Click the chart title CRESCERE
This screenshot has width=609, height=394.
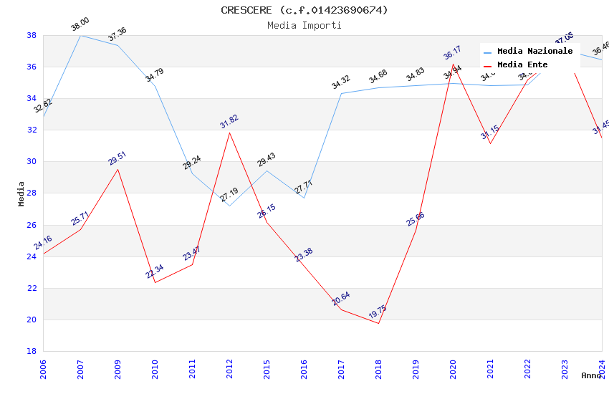(304, 10)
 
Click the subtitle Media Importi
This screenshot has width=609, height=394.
(304, 26)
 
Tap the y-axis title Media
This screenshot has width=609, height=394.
(21, 193)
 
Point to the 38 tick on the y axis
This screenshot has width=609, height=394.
(32, 35)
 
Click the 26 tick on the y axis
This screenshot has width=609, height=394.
(32, 225)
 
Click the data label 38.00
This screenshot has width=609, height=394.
(80, 25)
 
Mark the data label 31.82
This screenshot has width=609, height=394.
(229, 122)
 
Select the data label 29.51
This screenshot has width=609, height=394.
(118, 158)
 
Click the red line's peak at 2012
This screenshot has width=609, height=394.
(229, 133)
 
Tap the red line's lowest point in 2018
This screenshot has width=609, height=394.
(378, 323)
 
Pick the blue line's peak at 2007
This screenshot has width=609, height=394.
(80, 35)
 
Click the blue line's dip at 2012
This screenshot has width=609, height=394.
(229, 206)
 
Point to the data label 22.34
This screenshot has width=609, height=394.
(155, 272)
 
